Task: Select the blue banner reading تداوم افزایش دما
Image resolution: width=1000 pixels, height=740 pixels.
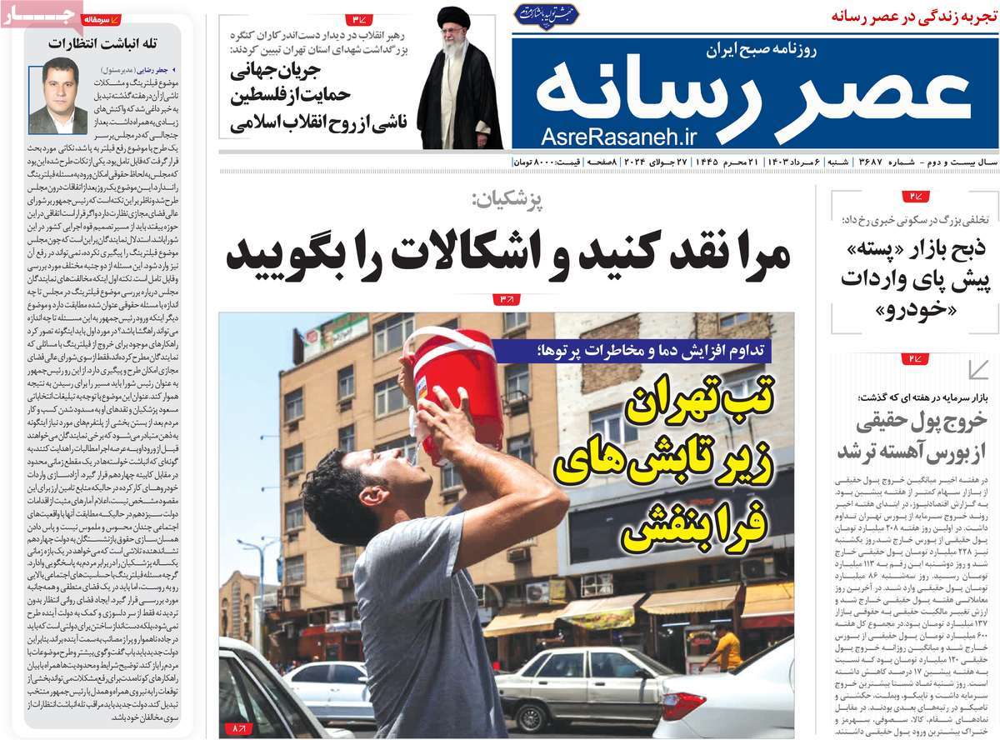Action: (x=642, y=352)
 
